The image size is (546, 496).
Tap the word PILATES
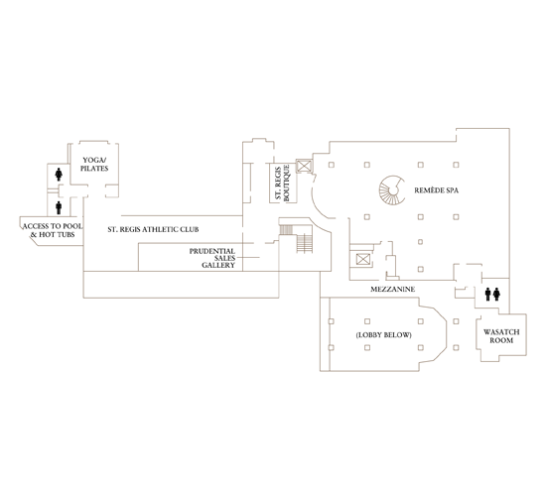coord(93,169)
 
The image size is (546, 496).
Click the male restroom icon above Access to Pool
coord(60,207)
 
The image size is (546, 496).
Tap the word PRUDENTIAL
coord(212,251)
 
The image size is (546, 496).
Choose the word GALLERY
coord(218,267)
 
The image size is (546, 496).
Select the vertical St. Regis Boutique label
coord(281,184)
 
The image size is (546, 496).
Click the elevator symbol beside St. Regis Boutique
coord(304,168)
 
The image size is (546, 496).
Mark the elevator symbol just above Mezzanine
coord(362,260)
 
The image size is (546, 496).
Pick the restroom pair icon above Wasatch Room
coord(493,294)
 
